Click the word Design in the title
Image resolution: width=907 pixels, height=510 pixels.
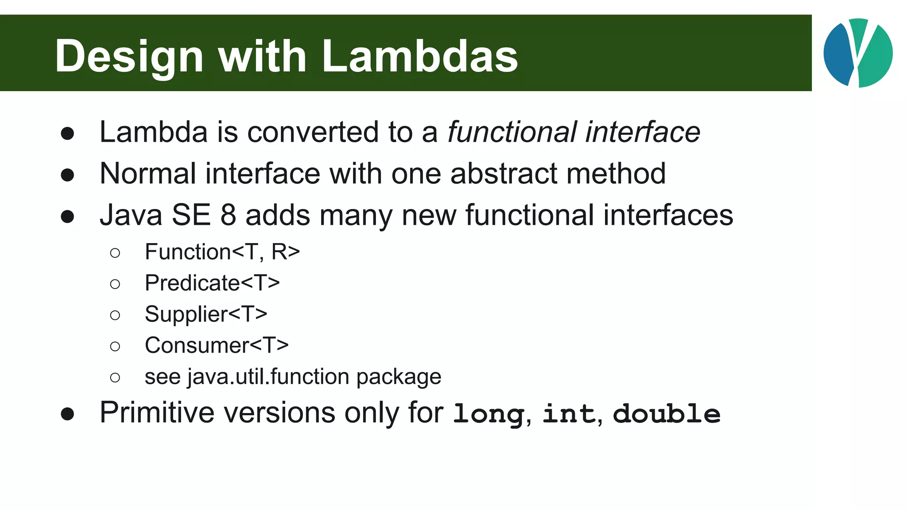129,56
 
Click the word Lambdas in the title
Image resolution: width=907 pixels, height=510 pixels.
419,56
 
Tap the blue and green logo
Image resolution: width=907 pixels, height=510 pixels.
858,53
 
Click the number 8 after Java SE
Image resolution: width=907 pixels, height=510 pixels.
228,215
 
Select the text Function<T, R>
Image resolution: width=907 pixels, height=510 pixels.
222,252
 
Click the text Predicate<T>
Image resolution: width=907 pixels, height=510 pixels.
212,283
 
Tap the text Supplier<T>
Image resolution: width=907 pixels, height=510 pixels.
206,314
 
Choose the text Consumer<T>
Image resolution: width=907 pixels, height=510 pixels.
217,345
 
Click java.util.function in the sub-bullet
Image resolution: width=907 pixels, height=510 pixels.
268,377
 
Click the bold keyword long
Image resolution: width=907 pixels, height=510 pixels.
488,414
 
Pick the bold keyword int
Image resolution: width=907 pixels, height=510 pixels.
569,414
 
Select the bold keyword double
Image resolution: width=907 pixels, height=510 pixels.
667,414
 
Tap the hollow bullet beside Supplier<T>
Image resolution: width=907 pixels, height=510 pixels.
115,315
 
